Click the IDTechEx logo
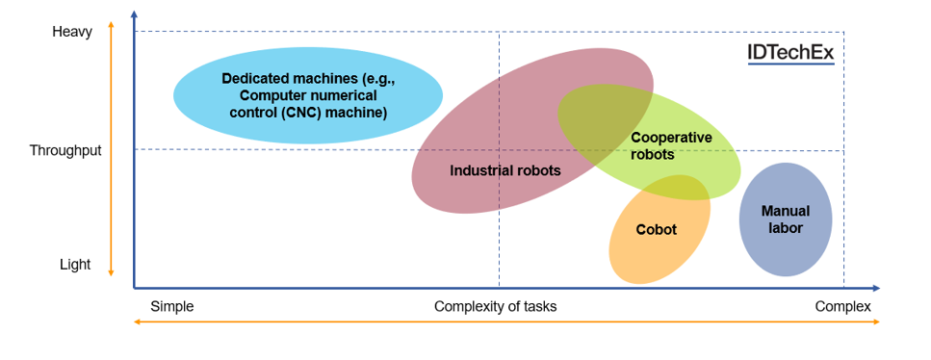tap(790, 53)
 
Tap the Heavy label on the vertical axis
tap(72, 32)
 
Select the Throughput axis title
tap(65, 150)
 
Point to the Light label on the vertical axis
tap(75, 265)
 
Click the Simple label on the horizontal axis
tap(172, 306)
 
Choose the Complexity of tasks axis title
tap(495, 306)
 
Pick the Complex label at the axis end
tap(842, 306)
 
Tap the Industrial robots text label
tap(505, 170)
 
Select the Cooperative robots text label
tap(671, 145)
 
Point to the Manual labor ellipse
tap(786, 219)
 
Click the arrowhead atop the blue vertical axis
tap(134, 13)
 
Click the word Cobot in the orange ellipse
tap(657, 230)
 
